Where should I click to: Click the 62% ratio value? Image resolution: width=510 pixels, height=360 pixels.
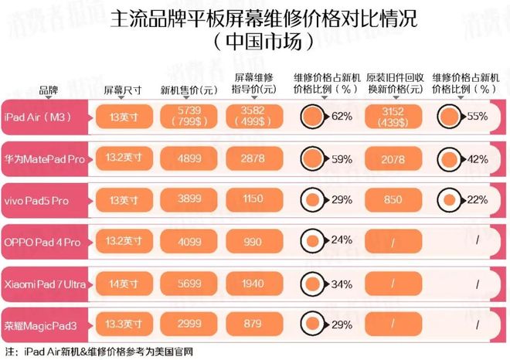342,117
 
